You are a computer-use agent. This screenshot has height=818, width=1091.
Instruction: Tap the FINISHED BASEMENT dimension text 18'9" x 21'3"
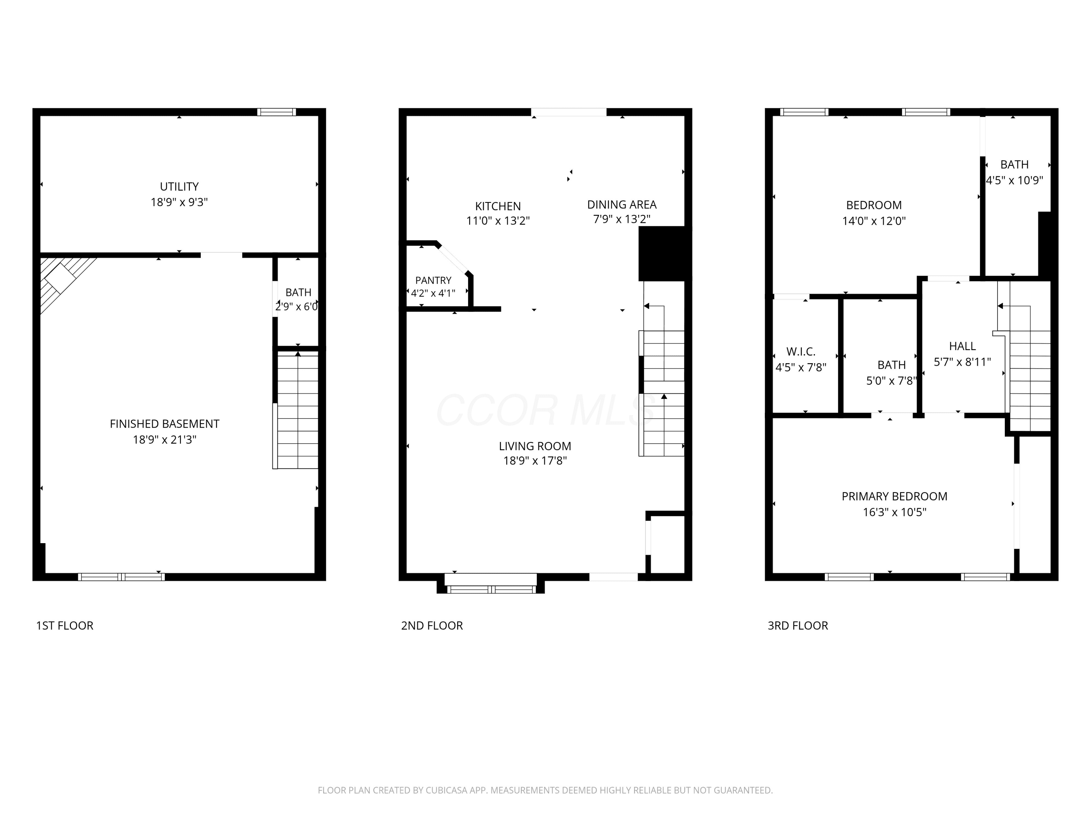tap(164, 439)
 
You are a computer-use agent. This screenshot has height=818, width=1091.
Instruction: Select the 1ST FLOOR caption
tap(65, 626)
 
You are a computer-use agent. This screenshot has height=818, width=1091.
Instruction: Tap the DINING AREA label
tap(622, 205)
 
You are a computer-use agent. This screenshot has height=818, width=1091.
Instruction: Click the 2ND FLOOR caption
tap(432, 626)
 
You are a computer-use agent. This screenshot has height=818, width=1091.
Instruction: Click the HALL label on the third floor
tap(962, 346)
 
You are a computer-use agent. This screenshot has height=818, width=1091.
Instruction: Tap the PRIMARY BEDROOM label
tap(894, 497)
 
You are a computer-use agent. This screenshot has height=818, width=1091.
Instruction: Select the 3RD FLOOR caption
tap(798, 626)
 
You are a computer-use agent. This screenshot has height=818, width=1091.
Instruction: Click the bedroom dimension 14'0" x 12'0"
tap(874, 221)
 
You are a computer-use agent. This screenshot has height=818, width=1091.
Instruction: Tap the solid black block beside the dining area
tap(662, 253)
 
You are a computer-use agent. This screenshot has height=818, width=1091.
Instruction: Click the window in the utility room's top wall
tap(277, 112)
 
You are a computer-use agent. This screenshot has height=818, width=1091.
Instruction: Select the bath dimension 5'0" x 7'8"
tap(891, 381)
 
